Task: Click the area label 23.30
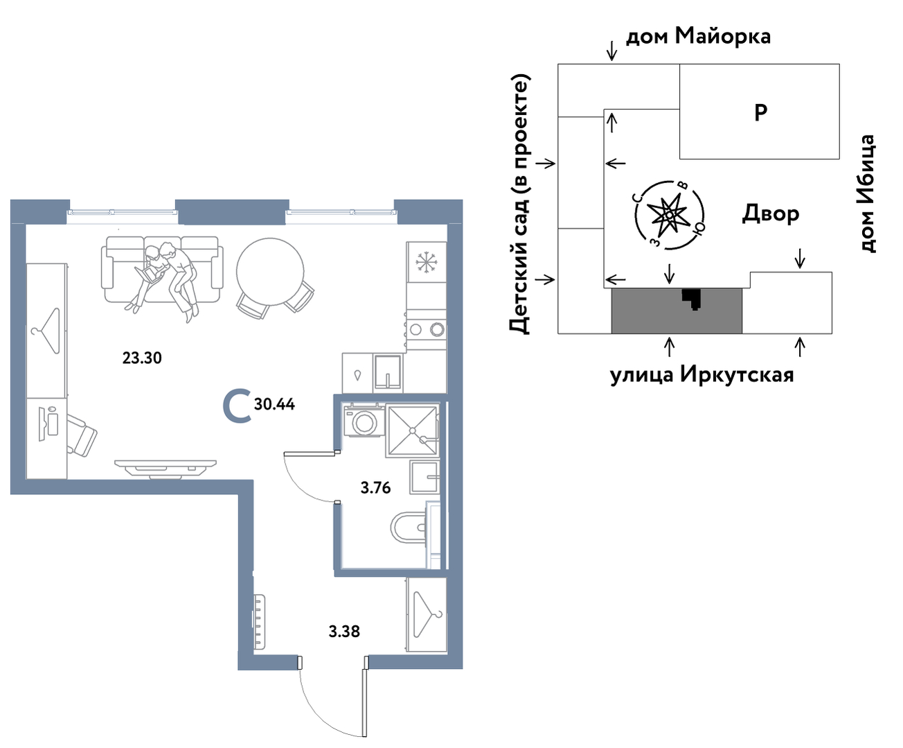coord(142,358)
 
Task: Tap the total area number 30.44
coord(274,404)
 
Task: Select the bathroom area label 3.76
coord(375,488)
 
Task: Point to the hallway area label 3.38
coord(344,632)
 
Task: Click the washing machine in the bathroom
coord(364,421)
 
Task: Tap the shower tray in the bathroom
coord(412,431)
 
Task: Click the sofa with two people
coord(161,270)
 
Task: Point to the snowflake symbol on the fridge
coord(424,262)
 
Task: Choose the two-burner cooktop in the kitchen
coord(426,329)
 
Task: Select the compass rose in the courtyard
coord(669,215)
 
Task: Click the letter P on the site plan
coord(760,112)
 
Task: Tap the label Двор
coord(771,214)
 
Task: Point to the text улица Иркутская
coord(701,374)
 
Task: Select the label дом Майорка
coord(698,35)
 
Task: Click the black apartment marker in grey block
coord(692,298)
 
